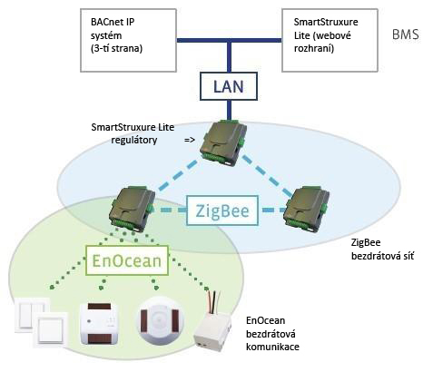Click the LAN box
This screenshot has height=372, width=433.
tap(229, 86)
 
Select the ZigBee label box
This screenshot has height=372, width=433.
tap(222, 210)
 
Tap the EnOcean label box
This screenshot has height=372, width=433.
tap(127, 260)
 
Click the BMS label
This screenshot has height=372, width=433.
tap(406, 34)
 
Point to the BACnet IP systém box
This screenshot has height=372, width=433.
tap(128, 40)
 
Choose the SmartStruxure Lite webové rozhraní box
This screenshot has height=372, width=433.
tap(330, 40)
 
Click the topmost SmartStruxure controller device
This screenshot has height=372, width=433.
tap(223, 142)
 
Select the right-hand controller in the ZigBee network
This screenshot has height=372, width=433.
tap(306, 209)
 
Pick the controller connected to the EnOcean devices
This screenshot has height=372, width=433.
tap(133, 210)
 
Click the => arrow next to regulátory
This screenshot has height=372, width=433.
tap(190, 140)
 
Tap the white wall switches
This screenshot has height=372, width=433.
tap(41, 321)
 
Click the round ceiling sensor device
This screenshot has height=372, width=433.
tap(161, 320)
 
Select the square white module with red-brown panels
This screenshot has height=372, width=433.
tap(99, 323)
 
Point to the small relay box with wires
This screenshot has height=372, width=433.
tap(212, 333)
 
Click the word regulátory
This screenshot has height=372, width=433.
tap(134, 140)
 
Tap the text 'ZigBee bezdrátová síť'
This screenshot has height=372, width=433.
tap(382, 249)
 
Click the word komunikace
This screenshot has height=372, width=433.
tap(272, 347)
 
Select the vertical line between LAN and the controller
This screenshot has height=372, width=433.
tap(229, 110)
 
